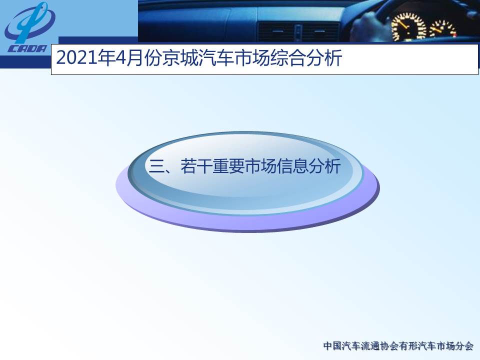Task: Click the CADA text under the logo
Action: pyautogui.click(x=27, y=48)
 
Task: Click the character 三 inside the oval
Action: pyautogui.click(x=156, y=166)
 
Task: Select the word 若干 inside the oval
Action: pyautogui.click(x=196, y=166)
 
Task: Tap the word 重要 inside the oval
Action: pyautogui.click(x=228, y=166)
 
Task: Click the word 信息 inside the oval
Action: pyautogui.click(x=292, y=166)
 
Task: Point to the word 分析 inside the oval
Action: pyautogui.click(x=324, y=166)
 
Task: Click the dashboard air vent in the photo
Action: pyautogui.click(x=298, y=32)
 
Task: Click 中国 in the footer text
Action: pyautogui.click(x=332, y=346)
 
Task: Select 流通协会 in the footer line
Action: pyautogui.click(x=378, y=346)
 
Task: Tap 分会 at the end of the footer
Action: pyautogui.click(x=464, y=346)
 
